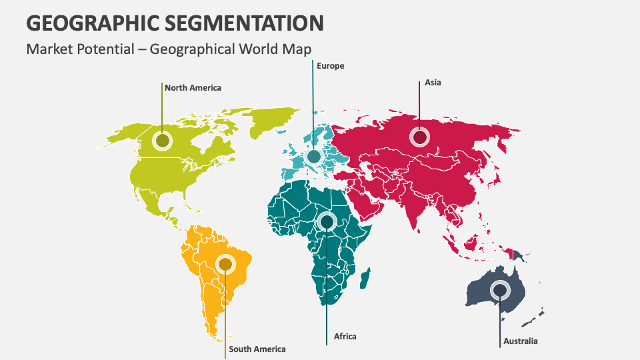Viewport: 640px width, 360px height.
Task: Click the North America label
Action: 193,87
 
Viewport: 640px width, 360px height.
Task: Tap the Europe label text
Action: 331,66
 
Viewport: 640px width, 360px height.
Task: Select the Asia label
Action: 433,83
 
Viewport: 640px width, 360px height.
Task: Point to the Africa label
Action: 345,336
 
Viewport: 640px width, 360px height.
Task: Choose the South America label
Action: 257,349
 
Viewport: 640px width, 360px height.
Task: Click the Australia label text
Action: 520,341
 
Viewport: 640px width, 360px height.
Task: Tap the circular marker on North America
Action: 162,141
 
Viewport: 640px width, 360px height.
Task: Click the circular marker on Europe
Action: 313,157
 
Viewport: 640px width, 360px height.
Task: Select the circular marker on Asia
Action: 419,137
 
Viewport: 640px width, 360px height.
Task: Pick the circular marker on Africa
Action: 327,221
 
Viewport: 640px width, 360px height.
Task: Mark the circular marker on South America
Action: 225,265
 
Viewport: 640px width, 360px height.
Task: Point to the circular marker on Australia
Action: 499,290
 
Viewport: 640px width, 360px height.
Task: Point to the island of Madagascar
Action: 365,278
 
